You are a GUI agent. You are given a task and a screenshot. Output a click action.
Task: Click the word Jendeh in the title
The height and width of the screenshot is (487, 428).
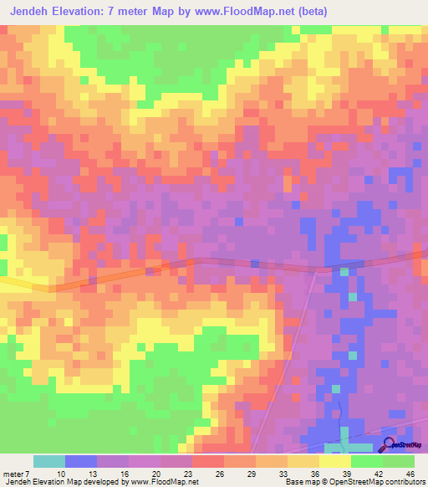pos(38,12)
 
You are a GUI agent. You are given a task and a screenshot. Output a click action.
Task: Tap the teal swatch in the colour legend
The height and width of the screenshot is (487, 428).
pos(49,462)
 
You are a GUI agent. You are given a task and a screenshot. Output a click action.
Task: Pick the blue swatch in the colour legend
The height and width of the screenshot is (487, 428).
pos(81,462)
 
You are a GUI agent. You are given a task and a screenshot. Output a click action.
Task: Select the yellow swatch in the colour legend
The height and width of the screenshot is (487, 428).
pos(335,462)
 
